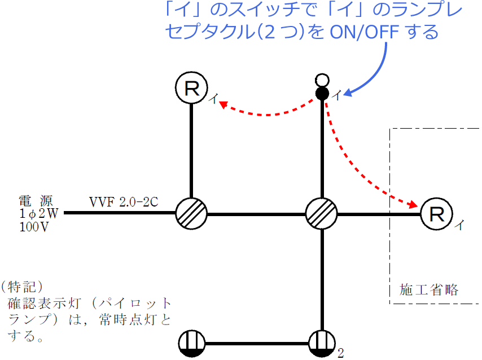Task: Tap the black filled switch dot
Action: pos(322,93)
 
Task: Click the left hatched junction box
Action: pos(191,214)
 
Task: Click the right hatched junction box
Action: pos(322,214)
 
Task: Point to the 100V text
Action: pos(32,226)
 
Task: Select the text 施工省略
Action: pos(429,291)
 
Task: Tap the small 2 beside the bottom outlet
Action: pos(340,354)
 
